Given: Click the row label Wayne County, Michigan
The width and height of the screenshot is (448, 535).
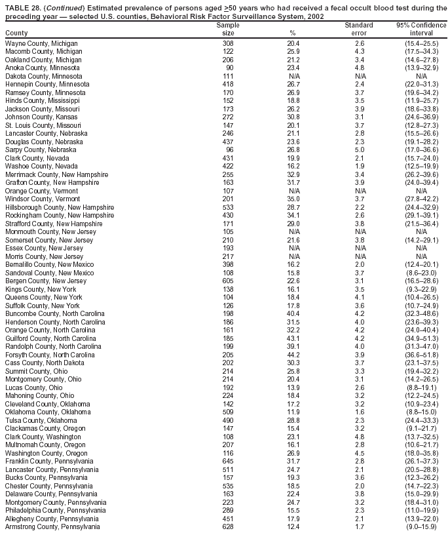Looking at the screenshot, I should (x=41, y=43).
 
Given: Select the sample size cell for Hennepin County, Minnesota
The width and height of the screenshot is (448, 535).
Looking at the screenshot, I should (x=228, y=84).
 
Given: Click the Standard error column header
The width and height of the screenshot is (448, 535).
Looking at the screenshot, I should (x=359, y=29).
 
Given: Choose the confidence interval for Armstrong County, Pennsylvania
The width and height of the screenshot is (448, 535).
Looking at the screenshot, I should (x=422, y=527).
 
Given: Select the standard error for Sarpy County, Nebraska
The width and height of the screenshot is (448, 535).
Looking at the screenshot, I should (x=359, y=149).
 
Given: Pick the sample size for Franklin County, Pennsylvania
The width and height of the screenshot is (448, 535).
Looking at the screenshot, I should (x=228, y=462).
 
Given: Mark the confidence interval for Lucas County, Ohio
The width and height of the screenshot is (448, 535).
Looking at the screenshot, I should (x=422, y=387).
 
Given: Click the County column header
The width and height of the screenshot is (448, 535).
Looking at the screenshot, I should (x=16, y=33).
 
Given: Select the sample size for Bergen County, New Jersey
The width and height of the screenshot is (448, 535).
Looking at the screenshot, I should (x=228, y=281).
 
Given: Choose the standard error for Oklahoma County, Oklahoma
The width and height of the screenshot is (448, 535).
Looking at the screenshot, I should (x=359, y=412).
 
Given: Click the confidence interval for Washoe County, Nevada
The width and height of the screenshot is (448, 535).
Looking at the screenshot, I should (x=422, y=166).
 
